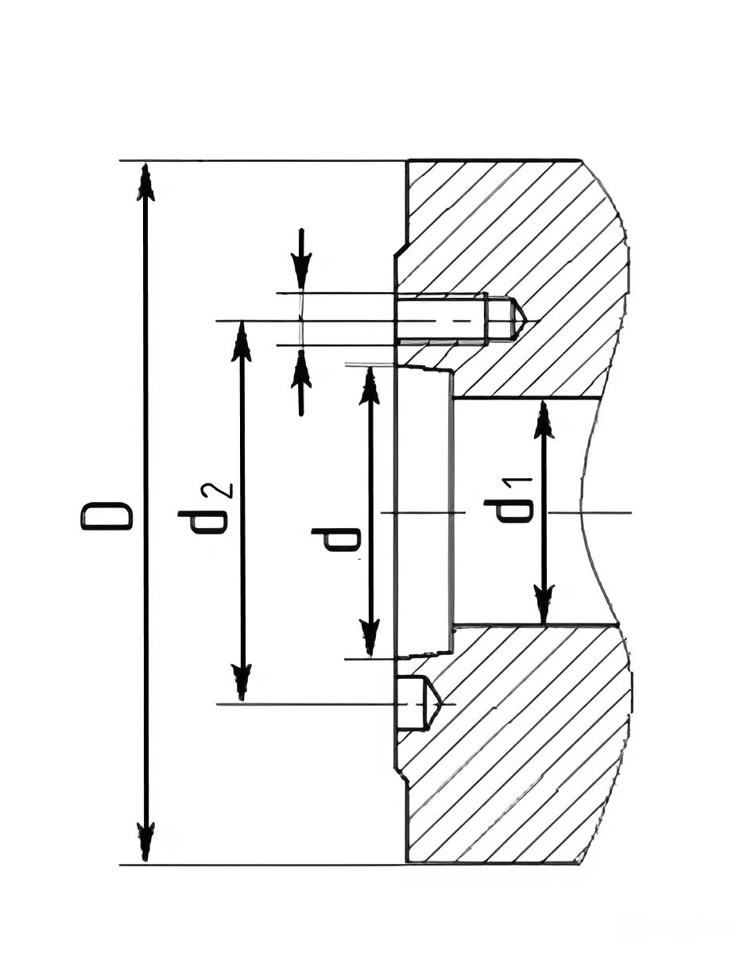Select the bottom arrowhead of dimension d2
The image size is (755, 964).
coord(242,683)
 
